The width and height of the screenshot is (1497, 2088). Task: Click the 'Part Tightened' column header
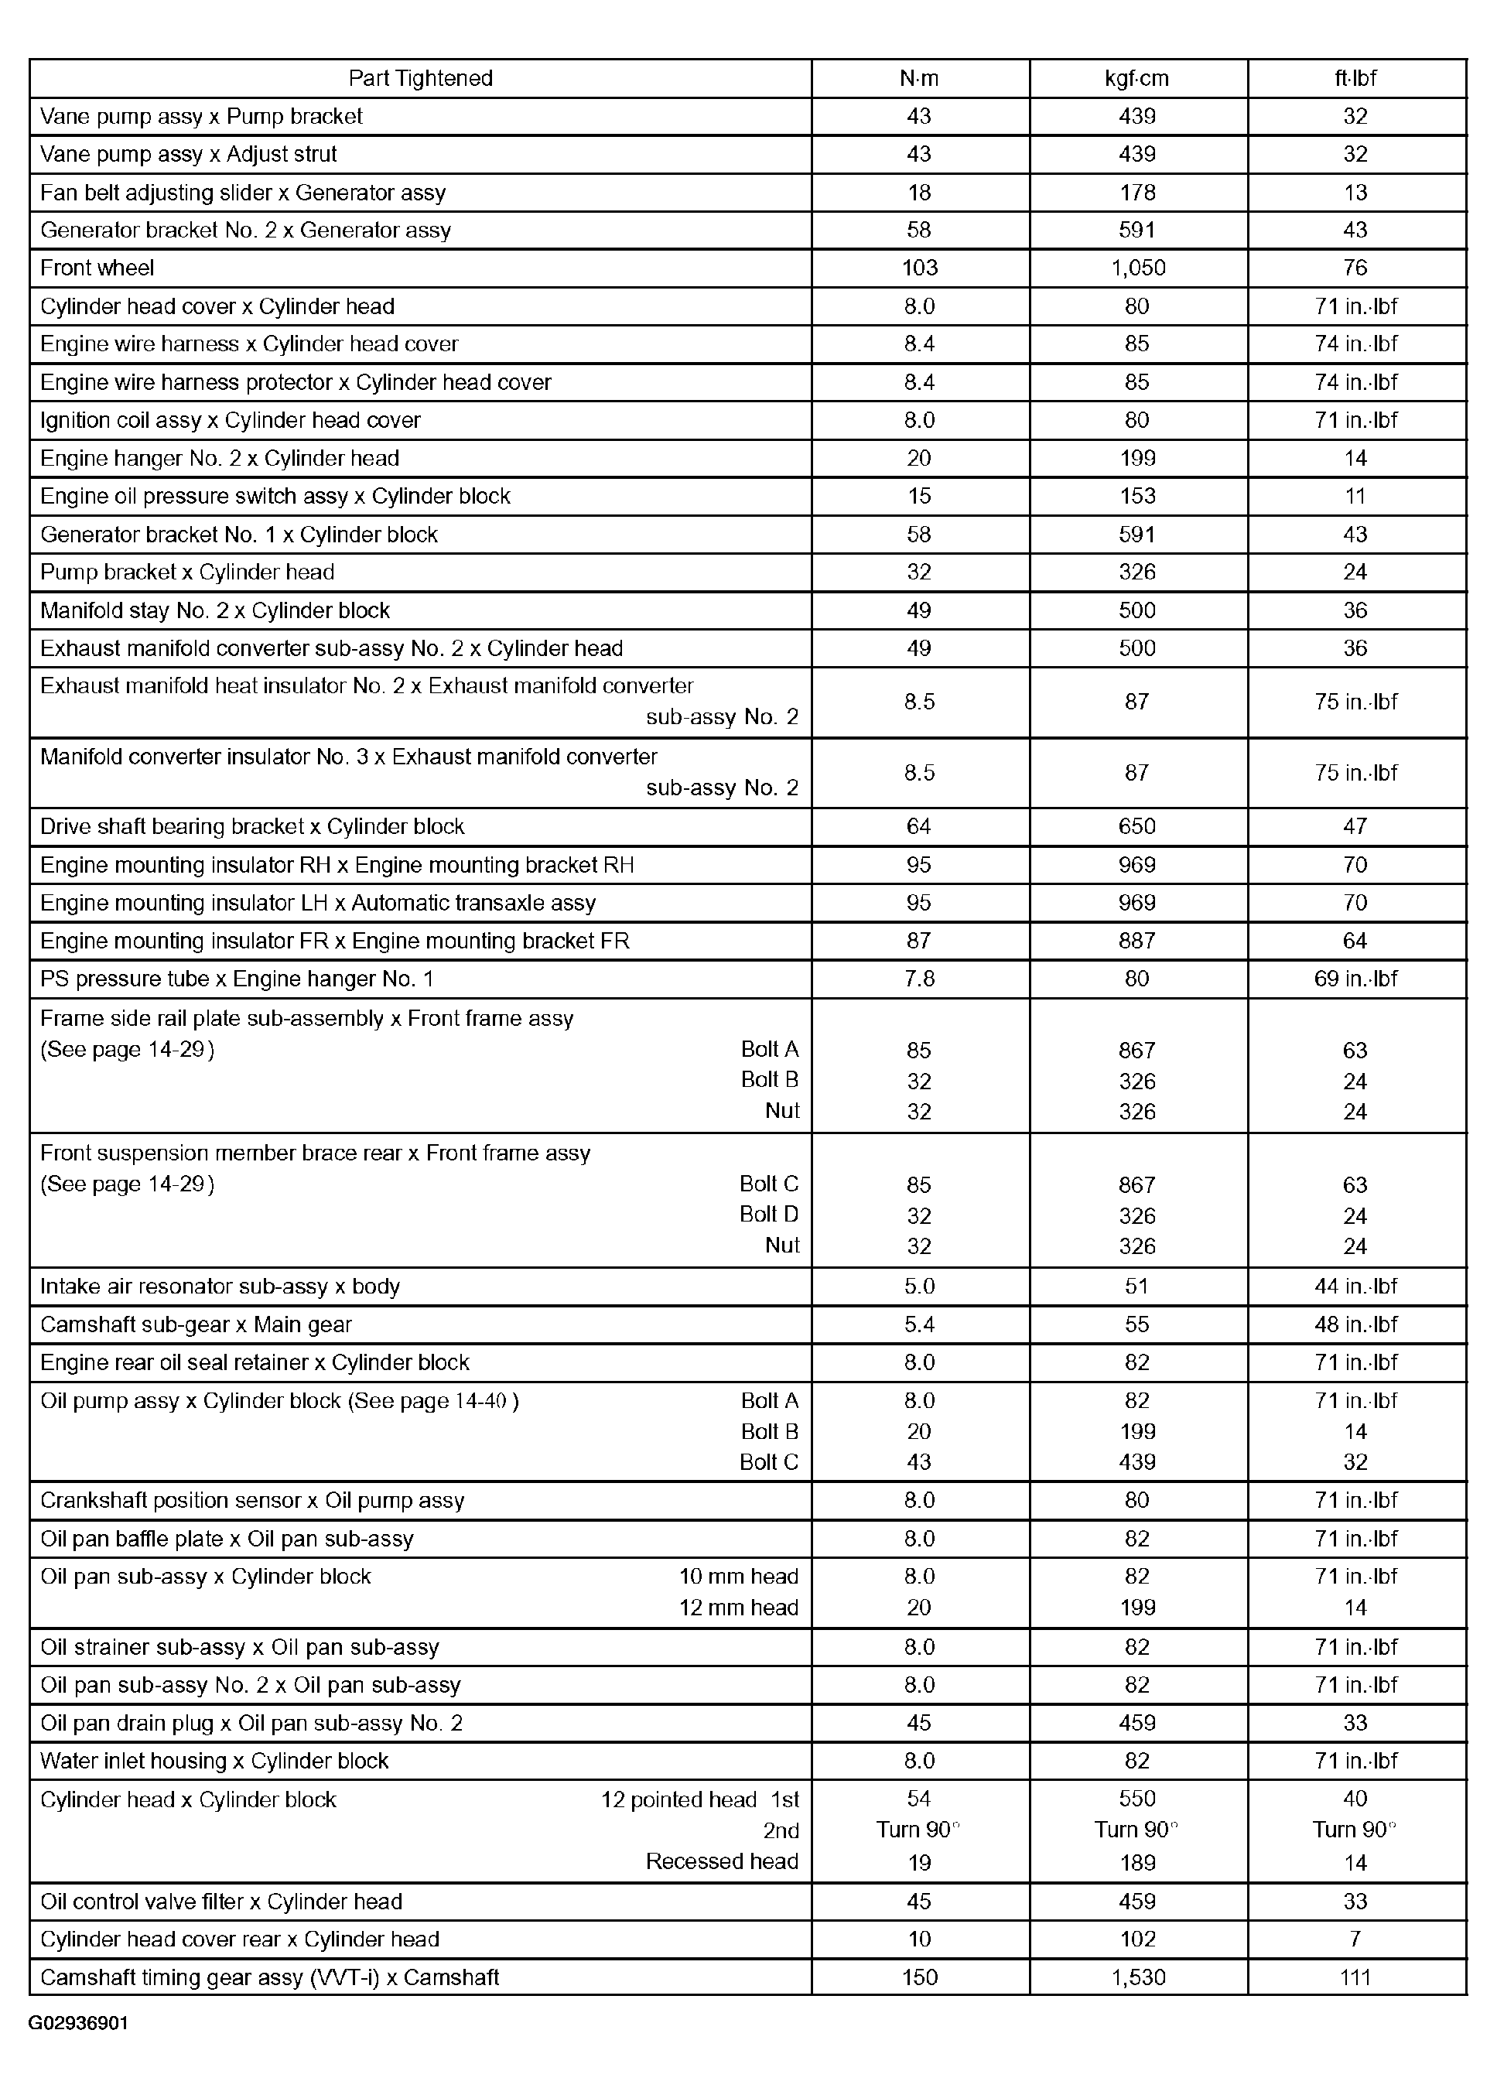pos(420,78)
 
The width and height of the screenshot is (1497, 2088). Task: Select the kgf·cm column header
pos(1137,78)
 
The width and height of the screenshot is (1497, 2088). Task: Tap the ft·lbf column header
pos(1355,78)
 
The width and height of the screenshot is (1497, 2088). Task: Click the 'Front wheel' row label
pos(97,268)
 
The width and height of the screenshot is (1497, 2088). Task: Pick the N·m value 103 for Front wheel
pos(919,268)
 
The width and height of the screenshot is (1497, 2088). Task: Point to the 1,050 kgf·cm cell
pos(1137,268)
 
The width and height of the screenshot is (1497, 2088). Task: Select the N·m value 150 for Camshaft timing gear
pos(919,1977)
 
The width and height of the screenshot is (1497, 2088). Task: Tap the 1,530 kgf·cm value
pos(1138,1977)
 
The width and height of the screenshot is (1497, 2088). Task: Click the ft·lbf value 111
pos(1355,1977)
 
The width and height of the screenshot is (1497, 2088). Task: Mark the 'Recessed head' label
pos(722,1861)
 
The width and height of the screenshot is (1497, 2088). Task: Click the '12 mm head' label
pos(738,1608)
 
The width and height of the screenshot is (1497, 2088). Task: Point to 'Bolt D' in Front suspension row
pos(769,1215)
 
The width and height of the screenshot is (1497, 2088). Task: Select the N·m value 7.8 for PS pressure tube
pos(919,979)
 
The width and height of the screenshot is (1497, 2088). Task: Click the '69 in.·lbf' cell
pos(1355,979)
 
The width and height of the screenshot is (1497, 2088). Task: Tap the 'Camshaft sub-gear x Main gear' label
pos(196,1324)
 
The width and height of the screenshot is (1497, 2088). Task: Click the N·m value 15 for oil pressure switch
pos(919,495)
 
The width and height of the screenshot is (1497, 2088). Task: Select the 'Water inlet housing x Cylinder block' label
pos(214,1760)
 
